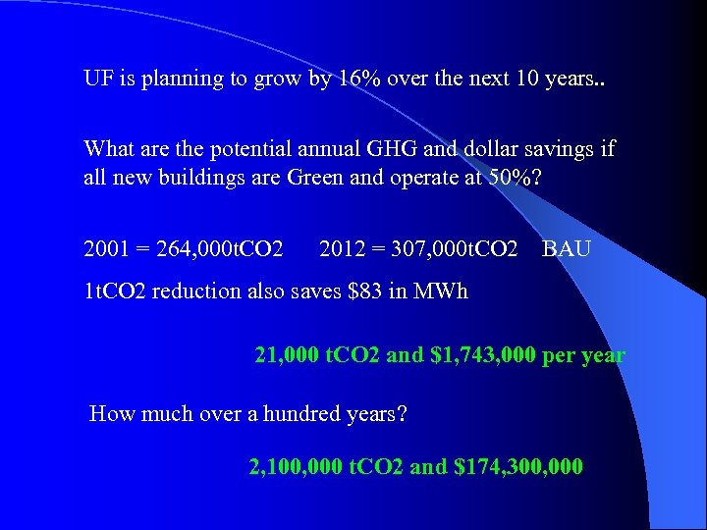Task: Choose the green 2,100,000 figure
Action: click(297, 466)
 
